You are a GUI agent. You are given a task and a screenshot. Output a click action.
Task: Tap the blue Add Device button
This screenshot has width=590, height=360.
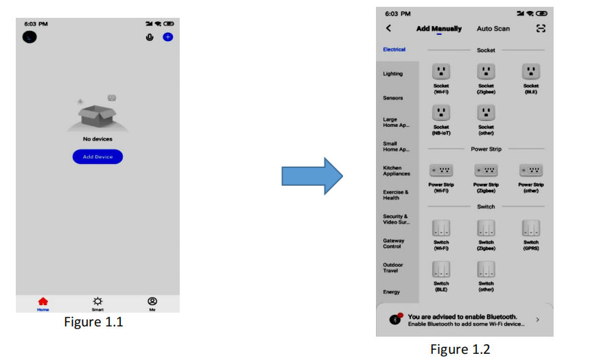click(x=97, y=156)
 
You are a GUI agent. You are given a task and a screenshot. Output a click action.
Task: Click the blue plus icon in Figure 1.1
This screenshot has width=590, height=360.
click(x=168, y=37)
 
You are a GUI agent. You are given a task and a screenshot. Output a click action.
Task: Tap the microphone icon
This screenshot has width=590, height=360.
click(x=150, y=37)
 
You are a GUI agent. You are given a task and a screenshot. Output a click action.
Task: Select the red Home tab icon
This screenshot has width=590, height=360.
click(x=43, y=301)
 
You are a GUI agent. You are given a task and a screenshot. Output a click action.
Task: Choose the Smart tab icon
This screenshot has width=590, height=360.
click(x=97, y=301)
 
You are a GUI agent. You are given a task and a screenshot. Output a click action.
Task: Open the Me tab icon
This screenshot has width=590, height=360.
click(x=152, y=301)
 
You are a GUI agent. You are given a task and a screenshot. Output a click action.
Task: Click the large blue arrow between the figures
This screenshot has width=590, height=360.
click(x=312, y=176)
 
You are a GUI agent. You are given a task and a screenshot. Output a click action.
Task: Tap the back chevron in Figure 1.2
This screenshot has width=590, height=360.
click(x=389, y=28)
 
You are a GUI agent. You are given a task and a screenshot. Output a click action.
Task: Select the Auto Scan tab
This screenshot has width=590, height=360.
click(x=493, y=29)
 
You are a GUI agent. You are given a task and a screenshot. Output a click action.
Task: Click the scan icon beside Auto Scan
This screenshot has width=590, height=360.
click(x=541, y=28)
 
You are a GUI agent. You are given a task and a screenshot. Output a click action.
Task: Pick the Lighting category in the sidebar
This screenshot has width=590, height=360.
click(x=393, y=74)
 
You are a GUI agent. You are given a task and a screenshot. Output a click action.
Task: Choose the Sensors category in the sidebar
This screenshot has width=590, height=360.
click(x=393, y=98)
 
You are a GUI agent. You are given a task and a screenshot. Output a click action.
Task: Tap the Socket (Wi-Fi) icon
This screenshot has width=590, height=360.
click(x=441, y=71)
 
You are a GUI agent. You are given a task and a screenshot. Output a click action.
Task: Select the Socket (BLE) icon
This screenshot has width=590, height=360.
click(x=531, y=71)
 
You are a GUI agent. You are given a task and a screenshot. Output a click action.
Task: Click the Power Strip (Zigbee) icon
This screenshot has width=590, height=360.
click(x=486, y=171)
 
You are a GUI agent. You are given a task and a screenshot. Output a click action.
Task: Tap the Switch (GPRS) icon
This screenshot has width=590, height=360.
click(x=531, y=228)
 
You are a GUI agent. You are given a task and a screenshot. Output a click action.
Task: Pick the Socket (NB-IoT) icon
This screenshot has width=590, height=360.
click(x=441, y=112)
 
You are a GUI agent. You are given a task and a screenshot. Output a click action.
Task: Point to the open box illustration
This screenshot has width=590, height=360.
click(x=97, y=115)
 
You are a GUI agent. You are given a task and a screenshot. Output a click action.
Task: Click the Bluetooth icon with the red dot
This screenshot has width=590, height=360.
click(x=395, y=319)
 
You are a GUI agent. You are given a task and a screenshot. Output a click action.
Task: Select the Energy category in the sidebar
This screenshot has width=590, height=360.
click(x=391, y=292)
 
